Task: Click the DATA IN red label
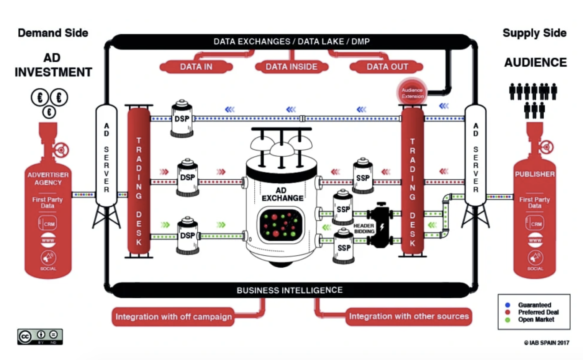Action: [x=196, y=67]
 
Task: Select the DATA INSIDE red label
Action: [x=291, y=67]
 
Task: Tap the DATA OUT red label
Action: [x=387, y=67]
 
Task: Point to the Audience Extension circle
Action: [x=412, y=93]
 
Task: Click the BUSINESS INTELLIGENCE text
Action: [x=290, y=290]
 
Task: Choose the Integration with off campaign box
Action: [x=173, y=317]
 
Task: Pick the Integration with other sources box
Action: [x=409, y=316]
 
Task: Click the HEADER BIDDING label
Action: [x=364, y=229]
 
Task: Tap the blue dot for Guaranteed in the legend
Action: [x=508, y=305]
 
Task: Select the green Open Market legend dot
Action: [x=508, y=319]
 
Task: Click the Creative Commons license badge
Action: [x=40, y=336]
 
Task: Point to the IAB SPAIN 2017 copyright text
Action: [x=547, y=343]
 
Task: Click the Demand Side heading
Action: [x=53, y=33]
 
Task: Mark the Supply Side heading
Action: [x=534, y=33]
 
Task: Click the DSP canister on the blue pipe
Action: [x=182, y=119]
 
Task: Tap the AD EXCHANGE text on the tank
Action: [x=282, y=194]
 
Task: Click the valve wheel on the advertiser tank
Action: [x=61, y=150]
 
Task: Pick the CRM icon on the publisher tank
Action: [x=535, y=224]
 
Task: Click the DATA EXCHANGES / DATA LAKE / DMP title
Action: [x=291, y=41]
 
